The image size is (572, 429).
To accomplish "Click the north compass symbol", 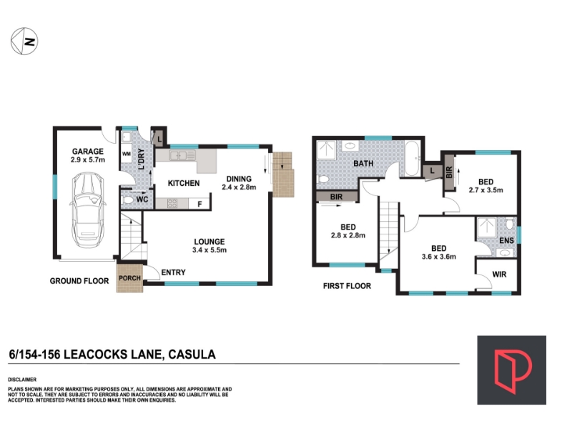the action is pyautogui.click(x=24, y=41).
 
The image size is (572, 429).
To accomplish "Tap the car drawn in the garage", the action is pyautogui.click(x=87, y=209).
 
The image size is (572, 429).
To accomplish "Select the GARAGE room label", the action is pyautogui.click(x=87, y=152).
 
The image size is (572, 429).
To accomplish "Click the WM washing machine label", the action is pyautogui.click(x=127, y=154).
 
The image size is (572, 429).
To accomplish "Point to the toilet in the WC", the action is pyautogui.click(x=128, y=200).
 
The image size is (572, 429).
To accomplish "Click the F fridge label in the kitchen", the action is pyautogui.click(x=199, y=204).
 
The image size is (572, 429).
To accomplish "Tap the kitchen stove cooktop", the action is pyautogui.click(x=172, y=203).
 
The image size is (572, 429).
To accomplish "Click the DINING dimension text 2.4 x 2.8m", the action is pyautogui.click(x=239, y=187).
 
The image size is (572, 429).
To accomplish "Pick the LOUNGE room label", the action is pyautogui.click(x=209, y=242).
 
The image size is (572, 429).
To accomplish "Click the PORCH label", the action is pyautogui.click(x=129, y=278).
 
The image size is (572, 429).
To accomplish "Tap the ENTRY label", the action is pyautogui.click(x=173, y=272).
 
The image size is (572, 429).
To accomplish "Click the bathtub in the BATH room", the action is pyautogui.click(x=413, y=159).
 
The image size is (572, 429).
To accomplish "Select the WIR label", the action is pyautogui.click(x=499, y=275).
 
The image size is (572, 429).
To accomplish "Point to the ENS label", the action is pyautogui.click(x=506, y=240).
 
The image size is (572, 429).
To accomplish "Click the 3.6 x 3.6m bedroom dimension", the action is pyautogui.click(x=439, y=257).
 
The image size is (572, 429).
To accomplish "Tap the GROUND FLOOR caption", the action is pyautogui.click(x=79, y=281).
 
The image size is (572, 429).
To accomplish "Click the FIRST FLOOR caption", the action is pyautogui.click(x=347, y=286).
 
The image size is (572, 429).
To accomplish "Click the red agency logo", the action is pyautogui.click(x=511, y=370).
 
